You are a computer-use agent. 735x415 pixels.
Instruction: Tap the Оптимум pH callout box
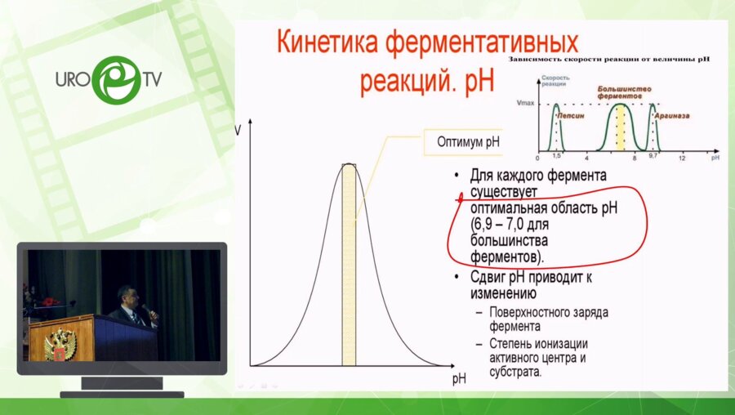[462, 142]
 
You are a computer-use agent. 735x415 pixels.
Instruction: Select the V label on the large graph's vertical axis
[238, 128]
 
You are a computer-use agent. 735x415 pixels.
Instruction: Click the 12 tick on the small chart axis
[680, 156]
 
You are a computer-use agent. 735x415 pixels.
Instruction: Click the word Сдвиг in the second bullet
[488, 278]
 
